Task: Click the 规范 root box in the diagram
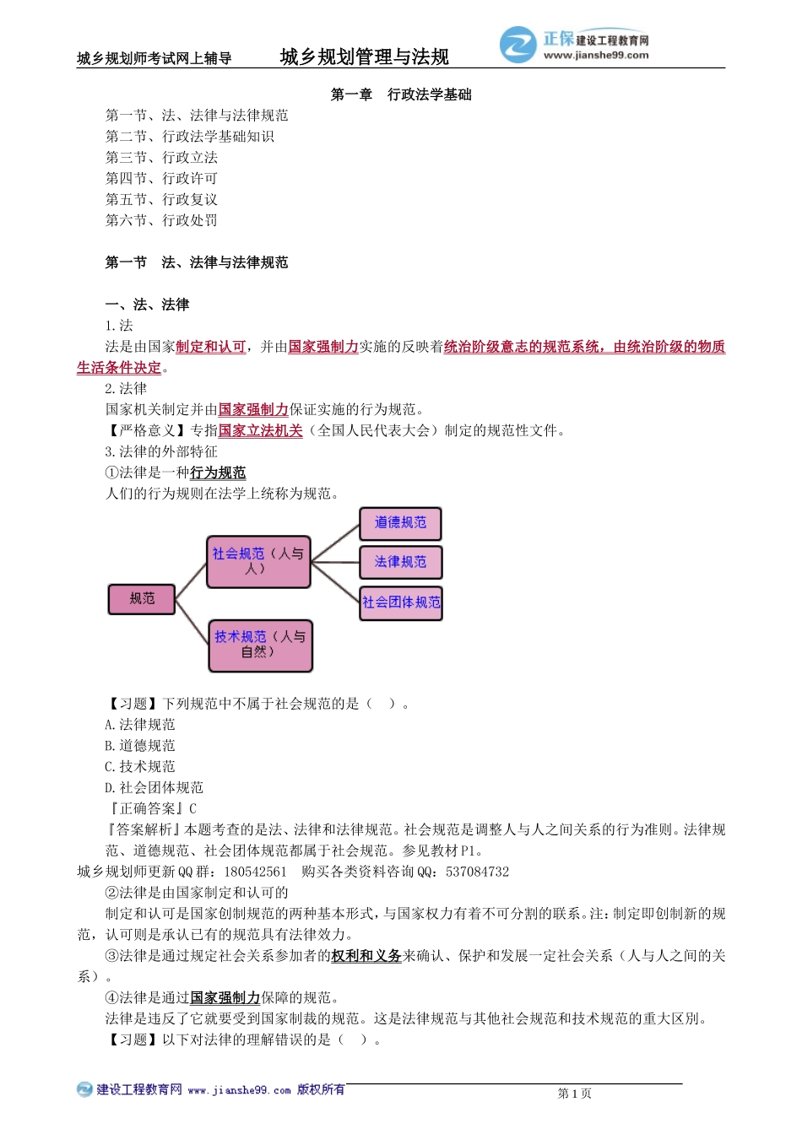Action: (142, 599)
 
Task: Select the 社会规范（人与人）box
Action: (258, 561)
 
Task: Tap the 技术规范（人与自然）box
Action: (260, 645)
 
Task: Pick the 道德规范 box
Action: (400, 523)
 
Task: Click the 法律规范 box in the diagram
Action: (400, 562)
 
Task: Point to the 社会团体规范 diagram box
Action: (401, 602)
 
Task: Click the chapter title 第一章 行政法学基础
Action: (401, 94)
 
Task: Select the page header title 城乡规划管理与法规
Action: (364, 57)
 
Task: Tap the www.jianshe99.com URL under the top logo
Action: (596, 56)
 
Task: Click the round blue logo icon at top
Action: (518, 45)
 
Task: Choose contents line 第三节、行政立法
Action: (161, 158)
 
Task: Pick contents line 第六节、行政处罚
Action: (161, 220)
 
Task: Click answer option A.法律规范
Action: (140, 725)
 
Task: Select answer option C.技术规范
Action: (140, 767)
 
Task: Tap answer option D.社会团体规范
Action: (154, 788)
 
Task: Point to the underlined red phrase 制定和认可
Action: (211, 347)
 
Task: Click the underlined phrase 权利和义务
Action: (366, 956)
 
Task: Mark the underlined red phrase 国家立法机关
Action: (260, 430)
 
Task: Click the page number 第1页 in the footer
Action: (574, 1093)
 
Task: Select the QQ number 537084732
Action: (478, 872)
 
